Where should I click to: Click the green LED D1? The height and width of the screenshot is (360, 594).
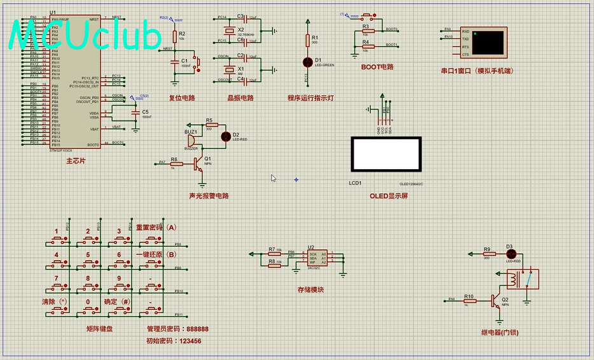[308, 61]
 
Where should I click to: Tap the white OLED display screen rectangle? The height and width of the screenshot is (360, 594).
[385, 154]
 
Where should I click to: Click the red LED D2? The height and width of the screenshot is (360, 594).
[225, 136]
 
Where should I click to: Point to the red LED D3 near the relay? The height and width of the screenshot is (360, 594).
[509, 254]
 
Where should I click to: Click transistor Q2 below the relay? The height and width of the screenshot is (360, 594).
[497, 301]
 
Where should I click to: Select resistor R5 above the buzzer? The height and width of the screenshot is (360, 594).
[210, 125]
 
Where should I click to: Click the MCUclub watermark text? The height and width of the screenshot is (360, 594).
[85, 36]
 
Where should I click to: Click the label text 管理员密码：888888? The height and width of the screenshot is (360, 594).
[177, 329]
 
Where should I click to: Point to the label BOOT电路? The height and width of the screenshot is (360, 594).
[377, 67]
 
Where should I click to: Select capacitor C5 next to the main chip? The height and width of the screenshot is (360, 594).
[135, 113]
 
